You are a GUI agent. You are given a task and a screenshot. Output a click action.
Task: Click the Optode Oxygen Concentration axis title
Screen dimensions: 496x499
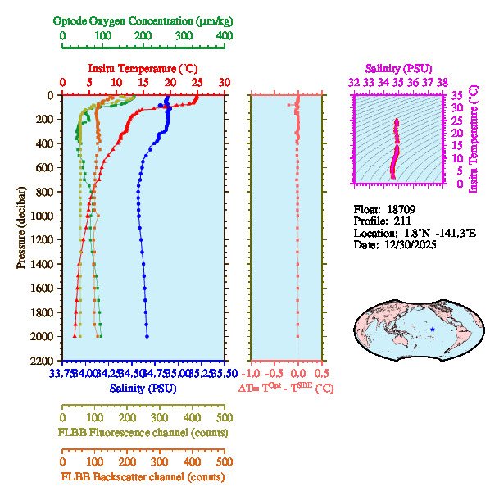[x=143, y=20]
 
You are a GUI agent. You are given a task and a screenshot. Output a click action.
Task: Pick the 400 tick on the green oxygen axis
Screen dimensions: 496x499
[x=224, y=36]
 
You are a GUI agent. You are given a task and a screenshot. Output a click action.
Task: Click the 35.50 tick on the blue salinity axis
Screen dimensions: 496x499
[x=223, y=373]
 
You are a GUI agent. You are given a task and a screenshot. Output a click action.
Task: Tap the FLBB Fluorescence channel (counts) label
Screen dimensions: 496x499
[x=143, y=432]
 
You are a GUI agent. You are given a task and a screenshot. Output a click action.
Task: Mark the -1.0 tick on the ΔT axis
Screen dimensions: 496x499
[x=252, y=373]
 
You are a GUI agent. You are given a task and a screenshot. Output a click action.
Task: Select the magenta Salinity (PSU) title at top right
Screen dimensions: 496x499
[x=397, y=67]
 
